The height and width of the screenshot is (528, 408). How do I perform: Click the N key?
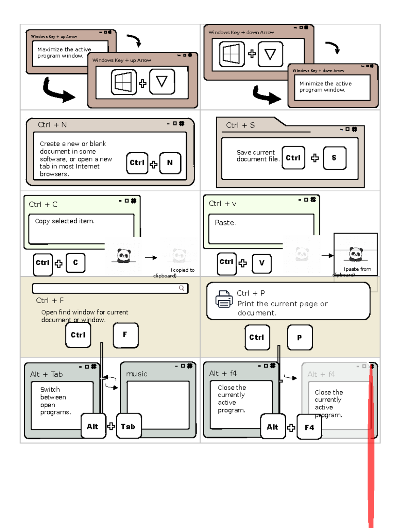(170, 163)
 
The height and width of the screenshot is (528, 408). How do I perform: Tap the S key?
(335, 158)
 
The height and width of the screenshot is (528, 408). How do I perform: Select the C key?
(75, 262)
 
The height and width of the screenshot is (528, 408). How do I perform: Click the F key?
(125, 335)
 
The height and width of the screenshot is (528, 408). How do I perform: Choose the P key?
(300, 337)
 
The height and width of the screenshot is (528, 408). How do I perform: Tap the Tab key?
(129, 426)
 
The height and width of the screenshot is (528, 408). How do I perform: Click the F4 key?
(309, 427)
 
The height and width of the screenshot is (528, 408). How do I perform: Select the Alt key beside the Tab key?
(93, 426)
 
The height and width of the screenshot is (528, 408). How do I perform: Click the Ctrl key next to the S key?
(293, 158)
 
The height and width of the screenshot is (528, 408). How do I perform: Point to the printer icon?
(224, 299)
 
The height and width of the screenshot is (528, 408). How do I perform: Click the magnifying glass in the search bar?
(182, 288)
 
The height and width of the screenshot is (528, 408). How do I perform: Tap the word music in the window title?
(137, 374)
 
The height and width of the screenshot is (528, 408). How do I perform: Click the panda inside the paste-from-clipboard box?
(356, 254)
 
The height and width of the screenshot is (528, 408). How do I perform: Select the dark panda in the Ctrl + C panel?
(124, 256)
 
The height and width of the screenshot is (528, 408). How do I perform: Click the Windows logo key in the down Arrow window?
(232, 54)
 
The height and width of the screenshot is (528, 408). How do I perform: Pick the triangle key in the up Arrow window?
(162, 82)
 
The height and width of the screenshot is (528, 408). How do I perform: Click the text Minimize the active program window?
(325, 87)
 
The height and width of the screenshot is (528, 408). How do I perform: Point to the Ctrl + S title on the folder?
(240, 125)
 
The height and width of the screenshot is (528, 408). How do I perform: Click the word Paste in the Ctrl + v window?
(225, 223)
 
